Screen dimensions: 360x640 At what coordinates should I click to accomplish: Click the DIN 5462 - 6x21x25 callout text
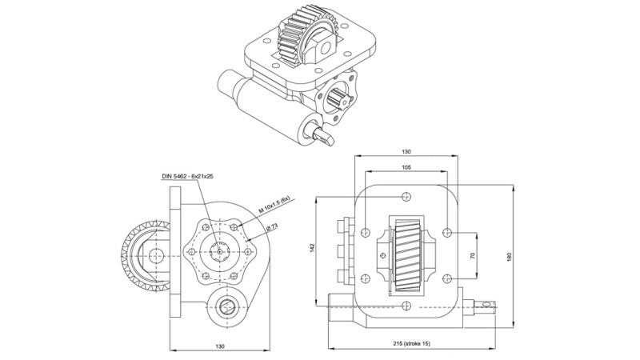click(186, 176)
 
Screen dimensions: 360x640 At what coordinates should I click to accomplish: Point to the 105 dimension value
click(407, 168)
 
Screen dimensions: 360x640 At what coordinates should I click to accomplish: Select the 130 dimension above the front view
click(407, 151)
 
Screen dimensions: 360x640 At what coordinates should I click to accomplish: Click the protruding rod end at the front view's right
click(488, 305)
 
